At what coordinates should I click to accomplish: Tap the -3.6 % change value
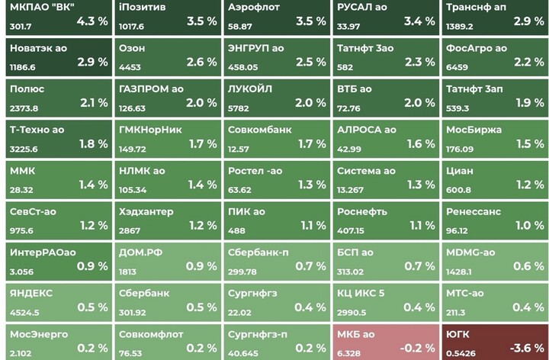tap(525, 348)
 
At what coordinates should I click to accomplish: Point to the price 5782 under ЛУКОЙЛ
tap(239, 108)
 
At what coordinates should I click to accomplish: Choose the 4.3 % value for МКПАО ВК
tap(93, 21)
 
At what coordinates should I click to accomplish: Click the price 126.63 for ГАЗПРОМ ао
tap(132, 108)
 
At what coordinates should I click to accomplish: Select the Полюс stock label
tap(27, 89)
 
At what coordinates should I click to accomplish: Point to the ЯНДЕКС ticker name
tap(31, 293)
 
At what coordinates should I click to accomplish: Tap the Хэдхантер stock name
tap(146, 211)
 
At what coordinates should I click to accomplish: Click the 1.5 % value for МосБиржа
tap(529, 143)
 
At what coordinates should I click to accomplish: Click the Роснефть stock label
tap(362, 211)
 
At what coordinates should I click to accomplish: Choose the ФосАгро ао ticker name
tap(477, 48)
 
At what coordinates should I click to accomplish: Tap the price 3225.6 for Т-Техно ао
tap(24, 149)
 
